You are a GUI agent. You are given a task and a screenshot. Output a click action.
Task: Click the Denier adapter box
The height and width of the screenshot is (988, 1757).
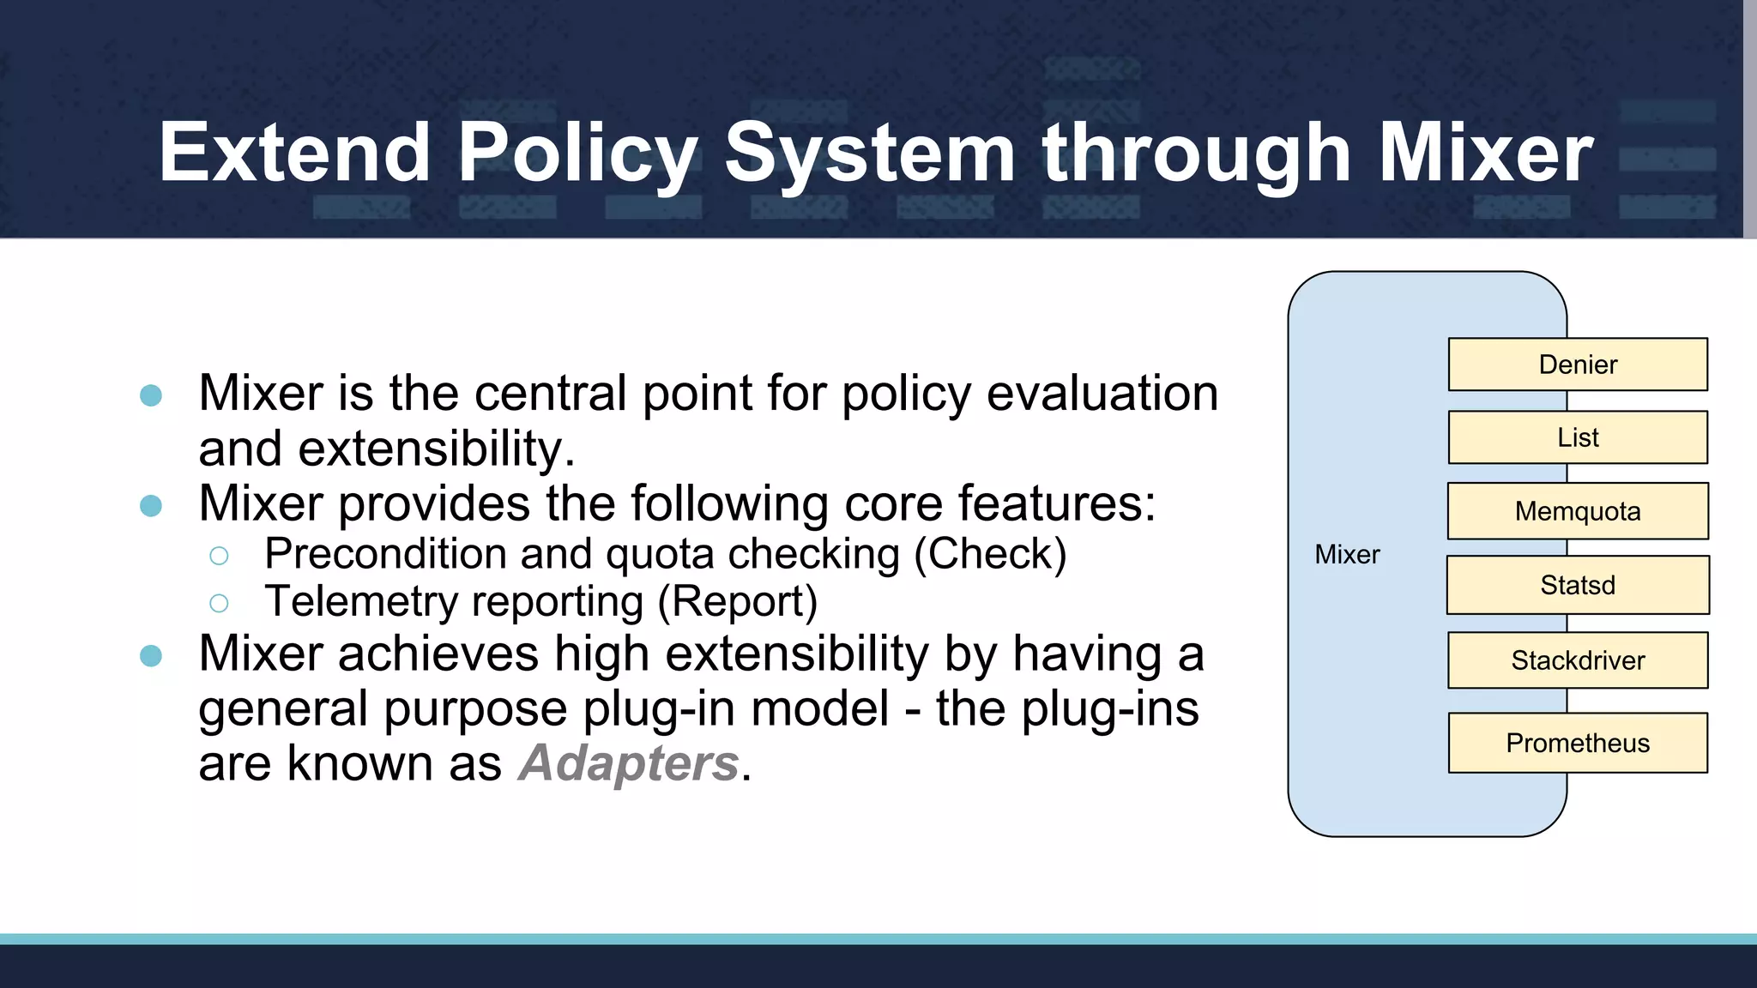click(x=1577, y=364)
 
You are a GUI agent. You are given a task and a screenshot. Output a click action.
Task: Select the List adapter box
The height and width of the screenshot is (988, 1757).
click(x=1577, y=437)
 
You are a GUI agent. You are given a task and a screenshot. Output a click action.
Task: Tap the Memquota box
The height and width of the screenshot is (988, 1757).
click(x=1577, y=511)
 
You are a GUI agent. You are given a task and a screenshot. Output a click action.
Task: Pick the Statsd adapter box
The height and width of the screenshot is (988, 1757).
click(x=1577, y=585)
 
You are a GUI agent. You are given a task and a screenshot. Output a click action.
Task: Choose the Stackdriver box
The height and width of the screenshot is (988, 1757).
click(x=1577, y=660)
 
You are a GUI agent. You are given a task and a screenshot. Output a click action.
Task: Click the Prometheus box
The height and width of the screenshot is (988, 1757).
click(x=1577, y=743)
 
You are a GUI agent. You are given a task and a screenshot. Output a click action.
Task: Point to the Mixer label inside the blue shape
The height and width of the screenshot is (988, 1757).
click(x=1347, y=555)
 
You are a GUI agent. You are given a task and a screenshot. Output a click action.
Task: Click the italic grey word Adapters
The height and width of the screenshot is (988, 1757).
click(x=629, y=763)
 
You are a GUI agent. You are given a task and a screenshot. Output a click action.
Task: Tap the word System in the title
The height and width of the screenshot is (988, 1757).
click(x=870, y=154)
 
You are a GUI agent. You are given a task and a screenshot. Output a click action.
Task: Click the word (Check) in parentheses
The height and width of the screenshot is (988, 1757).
click(x=990, y=554)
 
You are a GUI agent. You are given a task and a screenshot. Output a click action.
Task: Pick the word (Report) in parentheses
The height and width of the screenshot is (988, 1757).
click(x=738, y=602)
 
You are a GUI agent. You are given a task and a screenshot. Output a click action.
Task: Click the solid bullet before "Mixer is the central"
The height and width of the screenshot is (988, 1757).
click(x=151, y=395)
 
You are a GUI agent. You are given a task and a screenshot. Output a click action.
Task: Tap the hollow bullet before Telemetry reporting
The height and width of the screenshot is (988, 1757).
click(x=219, y=604)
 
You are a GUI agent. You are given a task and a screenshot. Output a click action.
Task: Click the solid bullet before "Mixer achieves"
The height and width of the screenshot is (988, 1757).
click(x=151, y=656)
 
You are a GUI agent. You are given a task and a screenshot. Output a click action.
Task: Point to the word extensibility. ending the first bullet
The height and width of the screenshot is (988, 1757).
click(x=437, y=449)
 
